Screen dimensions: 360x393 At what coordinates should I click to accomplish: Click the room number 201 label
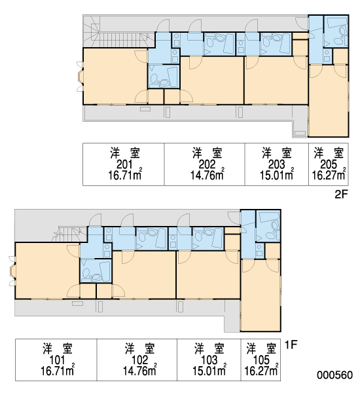(x=124, y=164)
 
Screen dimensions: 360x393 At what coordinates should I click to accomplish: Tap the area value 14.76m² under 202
(x=207, y=174)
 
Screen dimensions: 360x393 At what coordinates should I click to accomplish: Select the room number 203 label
(x=277, y=164)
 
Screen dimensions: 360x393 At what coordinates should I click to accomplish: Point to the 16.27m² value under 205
(x=329, y=174)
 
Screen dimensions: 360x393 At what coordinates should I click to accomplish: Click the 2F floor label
(x=342, y=195)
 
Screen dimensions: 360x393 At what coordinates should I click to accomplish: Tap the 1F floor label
(x=291, y=345)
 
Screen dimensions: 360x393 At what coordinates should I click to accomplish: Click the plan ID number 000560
(x=334, y=375)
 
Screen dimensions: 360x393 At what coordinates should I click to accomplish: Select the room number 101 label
(x=57, y=360)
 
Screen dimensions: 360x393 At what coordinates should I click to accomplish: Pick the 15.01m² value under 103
(x=209, y=371)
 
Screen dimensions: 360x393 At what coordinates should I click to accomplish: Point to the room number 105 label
(x=261, y=360)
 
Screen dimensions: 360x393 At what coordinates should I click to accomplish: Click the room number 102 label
(x=140, y=360)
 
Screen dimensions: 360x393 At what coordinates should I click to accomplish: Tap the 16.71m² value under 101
(x=58, y=371)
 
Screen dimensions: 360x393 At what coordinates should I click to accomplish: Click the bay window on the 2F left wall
(x=80, y=77)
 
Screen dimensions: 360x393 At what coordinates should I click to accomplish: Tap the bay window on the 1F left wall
(x=12, y=271)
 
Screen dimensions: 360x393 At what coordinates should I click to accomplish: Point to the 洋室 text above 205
(x=329, y=153)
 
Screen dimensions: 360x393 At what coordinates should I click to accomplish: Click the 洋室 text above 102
(x=140, y=348)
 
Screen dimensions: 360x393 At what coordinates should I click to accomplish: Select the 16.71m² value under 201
(x=125, y=174)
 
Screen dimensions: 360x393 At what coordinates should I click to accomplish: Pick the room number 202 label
(x=207, y=164)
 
